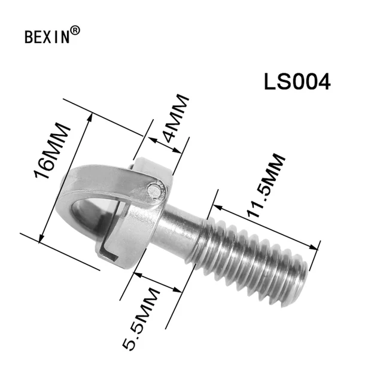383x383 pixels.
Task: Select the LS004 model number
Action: click(x=297, y=82)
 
